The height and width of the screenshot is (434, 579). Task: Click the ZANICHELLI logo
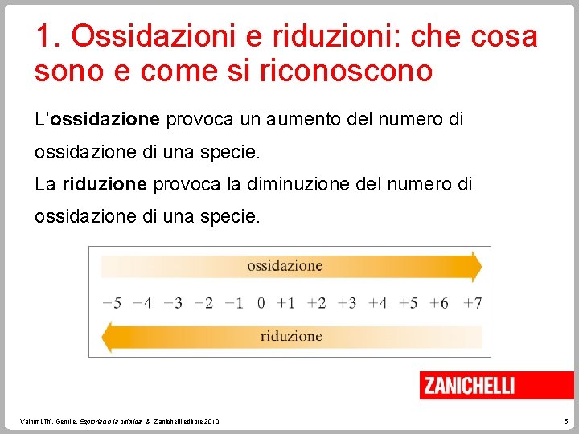click(x=470, y=385)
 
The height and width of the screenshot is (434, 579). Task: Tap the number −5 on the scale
click(x=112, y=303)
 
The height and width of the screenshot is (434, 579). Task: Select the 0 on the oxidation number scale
click(x=261, y=303)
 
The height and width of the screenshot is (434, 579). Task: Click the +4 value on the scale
click(x=377, y=303)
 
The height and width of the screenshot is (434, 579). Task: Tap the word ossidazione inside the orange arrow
click(x=285, y=266)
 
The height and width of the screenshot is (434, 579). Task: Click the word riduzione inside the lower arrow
click(x=291, y=336)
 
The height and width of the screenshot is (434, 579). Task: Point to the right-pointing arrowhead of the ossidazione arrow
click(x=475, y=266)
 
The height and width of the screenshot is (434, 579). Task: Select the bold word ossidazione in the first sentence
click(x=105, y=120)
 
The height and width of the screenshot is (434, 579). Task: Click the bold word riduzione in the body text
click(x=104, y=184)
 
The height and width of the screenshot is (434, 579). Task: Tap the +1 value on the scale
click(x=285, y=303)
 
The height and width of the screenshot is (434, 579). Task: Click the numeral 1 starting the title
click(x=43, y=37)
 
